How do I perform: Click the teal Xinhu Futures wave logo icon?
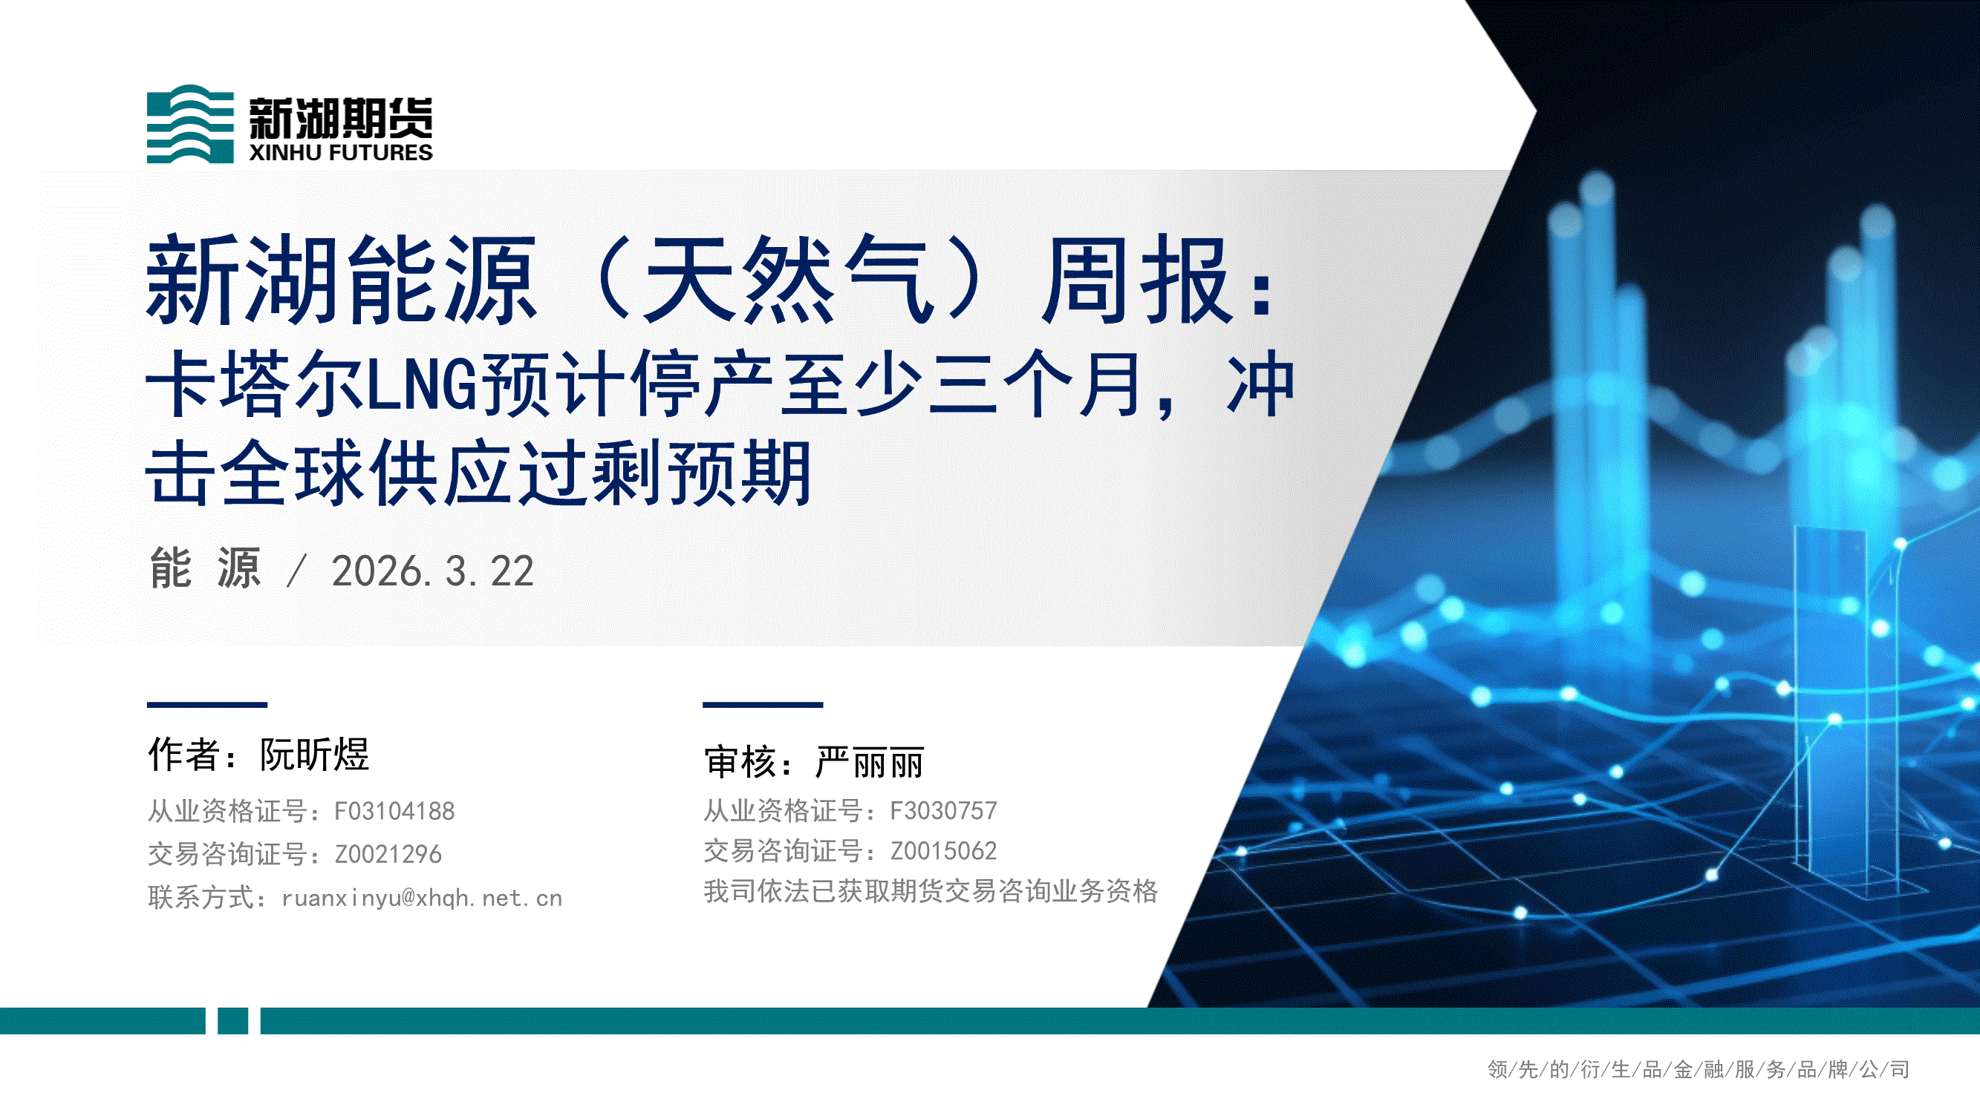(x=190, y=124)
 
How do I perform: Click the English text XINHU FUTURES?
(x=340, y=152)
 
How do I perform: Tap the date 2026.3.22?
(x=433, y=571)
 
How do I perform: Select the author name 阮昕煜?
(x=314, y=755)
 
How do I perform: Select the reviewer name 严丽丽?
(x=870, y=762)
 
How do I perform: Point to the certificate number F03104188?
(x=394, y=811)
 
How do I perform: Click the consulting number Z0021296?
(x=388, y=854)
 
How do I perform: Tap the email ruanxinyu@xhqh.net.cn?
(x=422, y=898)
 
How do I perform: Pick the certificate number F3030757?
(x=943, y=810)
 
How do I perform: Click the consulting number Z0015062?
(x=943, y=851)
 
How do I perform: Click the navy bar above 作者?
(x=207, y=704)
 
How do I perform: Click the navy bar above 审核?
(x=763, y=704)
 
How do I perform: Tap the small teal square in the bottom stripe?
(x=233, y=1021)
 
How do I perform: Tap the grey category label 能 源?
(x=205, y=569)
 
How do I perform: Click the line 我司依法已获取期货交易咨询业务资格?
(x=931, y=891)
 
